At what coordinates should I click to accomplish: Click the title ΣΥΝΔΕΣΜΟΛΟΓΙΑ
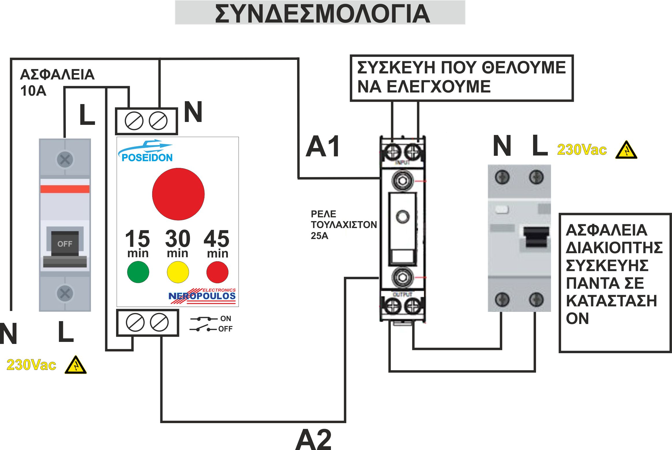pos(322,14)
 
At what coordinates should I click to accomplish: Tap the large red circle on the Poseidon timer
pos(178,194)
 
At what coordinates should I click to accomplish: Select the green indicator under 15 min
pos(138,272)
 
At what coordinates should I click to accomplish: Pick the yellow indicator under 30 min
pos(178,272)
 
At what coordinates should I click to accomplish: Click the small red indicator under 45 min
pos(217,272)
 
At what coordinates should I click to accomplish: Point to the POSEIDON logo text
pos(147,158)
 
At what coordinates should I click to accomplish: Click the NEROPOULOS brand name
pos(202,296)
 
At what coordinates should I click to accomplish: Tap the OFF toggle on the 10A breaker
pos(65,244)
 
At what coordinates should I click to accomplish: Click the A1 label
pos(323,147)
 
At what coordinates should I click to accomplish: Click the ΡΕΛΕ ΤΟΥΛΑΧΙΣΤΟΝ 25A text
pos(343,225)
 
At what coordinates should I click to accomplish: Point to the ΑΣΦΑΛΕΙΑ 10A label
pos(57,82)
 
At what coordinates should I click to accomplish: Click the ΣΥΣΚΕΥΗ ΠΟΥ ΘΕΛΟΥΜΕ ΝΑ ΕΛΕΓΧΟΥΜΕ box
pos(461,77)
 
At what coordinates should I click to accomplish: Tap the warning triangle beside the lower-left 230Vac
pos(76,365)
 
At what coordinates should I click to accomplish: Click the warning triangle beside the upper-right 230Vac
pos(626,150)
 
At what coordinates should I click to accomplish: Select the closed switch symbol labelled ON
pos(204,319)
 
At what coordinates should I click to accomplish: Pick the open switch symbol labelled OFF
pos(203,329)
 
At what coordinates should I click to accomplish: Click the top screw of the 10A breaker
pos(65,159)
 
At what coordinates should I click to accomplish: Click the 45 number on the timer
pos(217,239)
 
